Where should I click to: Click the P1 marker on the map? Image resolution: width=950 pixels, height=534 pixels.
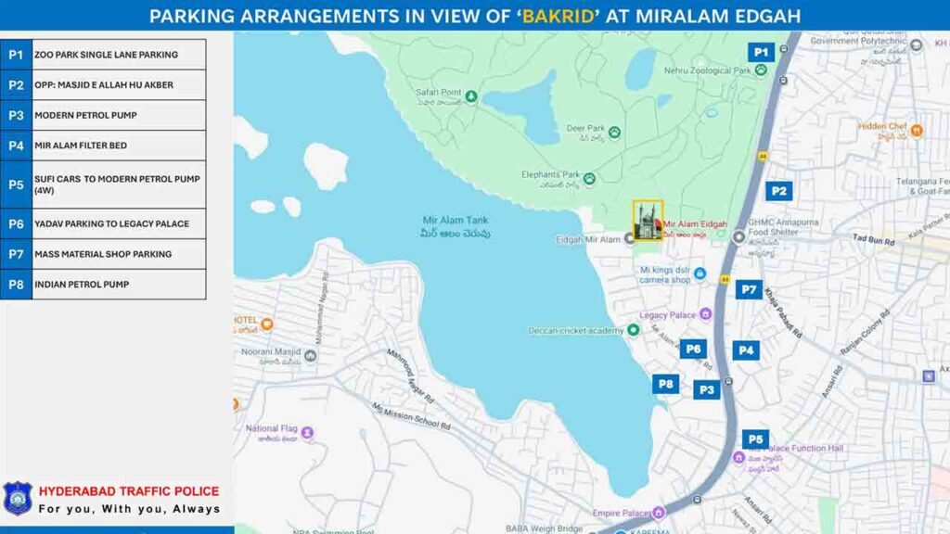pyautogui.click(x=761, y=53)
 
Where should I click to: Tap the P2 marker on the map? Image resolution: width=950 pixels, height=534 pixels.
pyautogui.click(x=778, y=191)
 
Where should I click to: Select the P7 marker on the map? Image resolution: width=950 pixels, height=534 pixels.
pyautogui.click(x=749, y=289)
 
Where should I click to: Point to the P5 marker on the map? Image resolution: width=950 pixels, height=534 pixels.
pyautogui.click(x=755, y=439)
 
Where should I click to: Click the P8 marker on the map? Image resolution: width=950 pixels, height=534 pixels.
pyautogui.click(x=665, y=384)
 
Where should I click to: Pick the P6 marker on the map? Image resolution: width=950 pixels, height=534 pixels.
pyautogui.click(x=692, y=349)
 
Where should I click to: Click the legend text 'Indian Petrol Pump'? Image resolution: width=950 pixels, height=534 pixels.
pyautogui.click(x=82, y=285)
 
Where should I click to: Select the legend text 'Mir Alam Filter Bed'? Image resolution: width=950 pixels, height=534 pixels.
pyautogui.click(x=81, y=146)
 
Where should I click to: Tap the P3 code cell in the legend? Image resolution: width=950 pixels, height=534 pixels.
pyautogui.click(x=16, y=115)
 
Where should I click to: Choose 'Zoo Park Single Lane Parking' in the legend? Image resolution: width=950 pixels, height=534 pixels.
pyautogui.click(x=106, y=55)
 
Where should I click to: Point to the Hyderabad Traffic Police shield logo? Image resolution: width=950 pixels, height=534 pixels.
pyautogui.click(x=18, y=499)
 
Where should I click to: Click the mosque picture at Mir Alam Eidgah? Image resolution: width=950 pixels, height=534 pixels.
pyautogui.click(x=648, y=221)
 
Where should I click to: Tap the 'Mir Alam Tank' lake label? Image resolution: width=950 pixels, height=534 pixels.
pyautogui.click(x=456, y=221)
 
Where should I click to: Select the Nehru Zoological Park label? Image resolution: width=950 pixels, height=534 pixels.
pyautogui.click(x=707, y=70)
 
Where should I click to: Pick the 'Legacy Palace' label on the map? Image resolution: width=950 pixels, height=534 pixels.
pyautogui.click(x=668, y=315)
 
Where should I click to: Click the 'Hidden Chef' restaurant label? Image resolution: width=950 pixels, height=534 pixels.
pyautogui.click(x=882, y=127)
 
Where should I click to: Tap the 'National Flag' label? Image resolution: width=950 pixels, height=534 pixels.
pyautogui.click(x=272, y=429)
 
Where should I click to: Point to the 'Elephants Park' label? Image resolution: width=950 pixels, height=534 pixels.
pyautogui.click(x=550, y=174)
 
